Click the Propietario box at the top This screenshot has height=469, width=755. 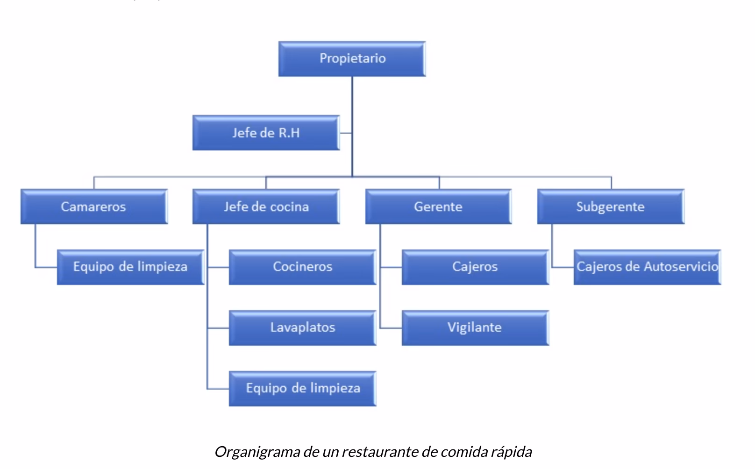pos(352,58)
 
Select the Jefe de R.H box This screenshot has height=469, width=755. pos(266,133)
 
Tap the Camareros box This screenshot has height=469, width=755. pos(93,206)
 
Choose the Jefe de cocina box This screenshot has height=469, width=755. pos(266,206)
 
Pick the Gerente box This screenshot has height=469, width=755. pos(438,206)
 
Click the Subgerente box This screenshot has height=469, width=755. pos(610,206)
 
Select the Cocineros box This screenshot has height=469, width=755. pos(302,267)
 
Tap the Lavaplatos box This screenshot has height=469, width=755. pos(302,327)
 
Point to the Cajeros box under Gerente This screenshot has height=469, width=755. pos(475,267)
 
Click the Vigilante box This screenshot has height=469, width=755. pos(475,327)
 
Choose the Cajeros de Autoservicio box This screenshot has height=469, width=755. pos(647,267)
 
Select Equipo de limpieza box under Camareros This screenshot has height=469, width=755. pos(130,267)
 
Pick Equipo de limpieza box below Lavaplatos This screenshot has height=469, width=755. pos(302,388)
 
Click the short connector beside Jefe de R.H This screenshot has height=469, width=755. pos(346,133)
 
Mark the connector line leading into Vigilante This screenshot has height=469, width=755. pos(391,328)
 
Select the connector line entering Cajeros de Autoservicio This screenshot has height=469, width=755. pos(563,267)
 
